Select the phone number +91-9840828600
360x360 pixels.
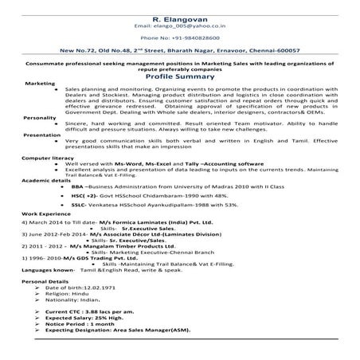179,37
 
